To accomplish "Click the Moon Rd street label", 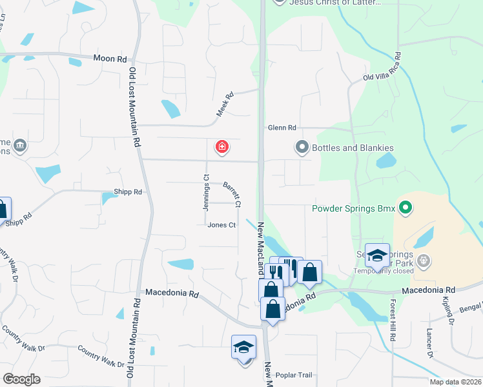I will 110,59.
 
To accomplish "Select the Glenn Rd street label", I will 282,128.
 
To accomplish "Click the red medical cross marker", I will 222,148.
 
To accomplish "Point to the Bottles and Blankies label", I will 353,148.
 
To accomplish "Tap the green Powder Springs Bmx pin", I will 405,208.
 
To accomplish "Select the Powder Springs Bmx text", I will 353,208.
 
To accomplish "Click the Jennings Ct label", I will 206,193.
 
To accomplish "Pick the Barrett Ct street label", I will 232,194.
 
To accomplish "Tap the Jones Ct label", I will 221,224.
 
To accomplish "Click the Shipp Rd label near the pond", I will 127,192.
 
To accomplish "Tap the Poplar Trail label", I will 293,375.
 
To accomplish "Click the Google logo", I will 21,379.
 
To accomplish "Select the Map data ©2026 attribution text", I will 455,382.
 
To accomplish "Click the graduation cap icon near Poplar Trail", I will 244,347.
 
